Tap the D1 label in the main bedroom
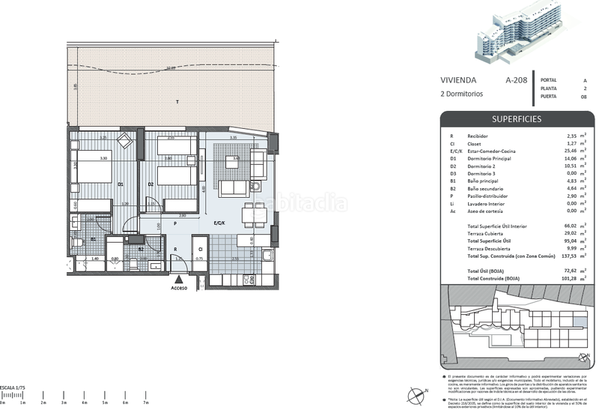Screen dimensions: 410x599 (121, 184)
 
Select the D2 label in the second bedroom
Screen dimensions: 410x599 (150, 184)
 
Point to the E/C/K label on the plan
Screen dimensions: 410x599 (219, 223)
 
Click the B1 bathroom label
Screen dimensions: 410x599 (93, 239)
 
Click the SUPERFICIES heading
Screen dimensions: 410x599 (516, 119)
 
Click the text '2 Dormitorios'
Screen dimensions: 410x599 (461, 94)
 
